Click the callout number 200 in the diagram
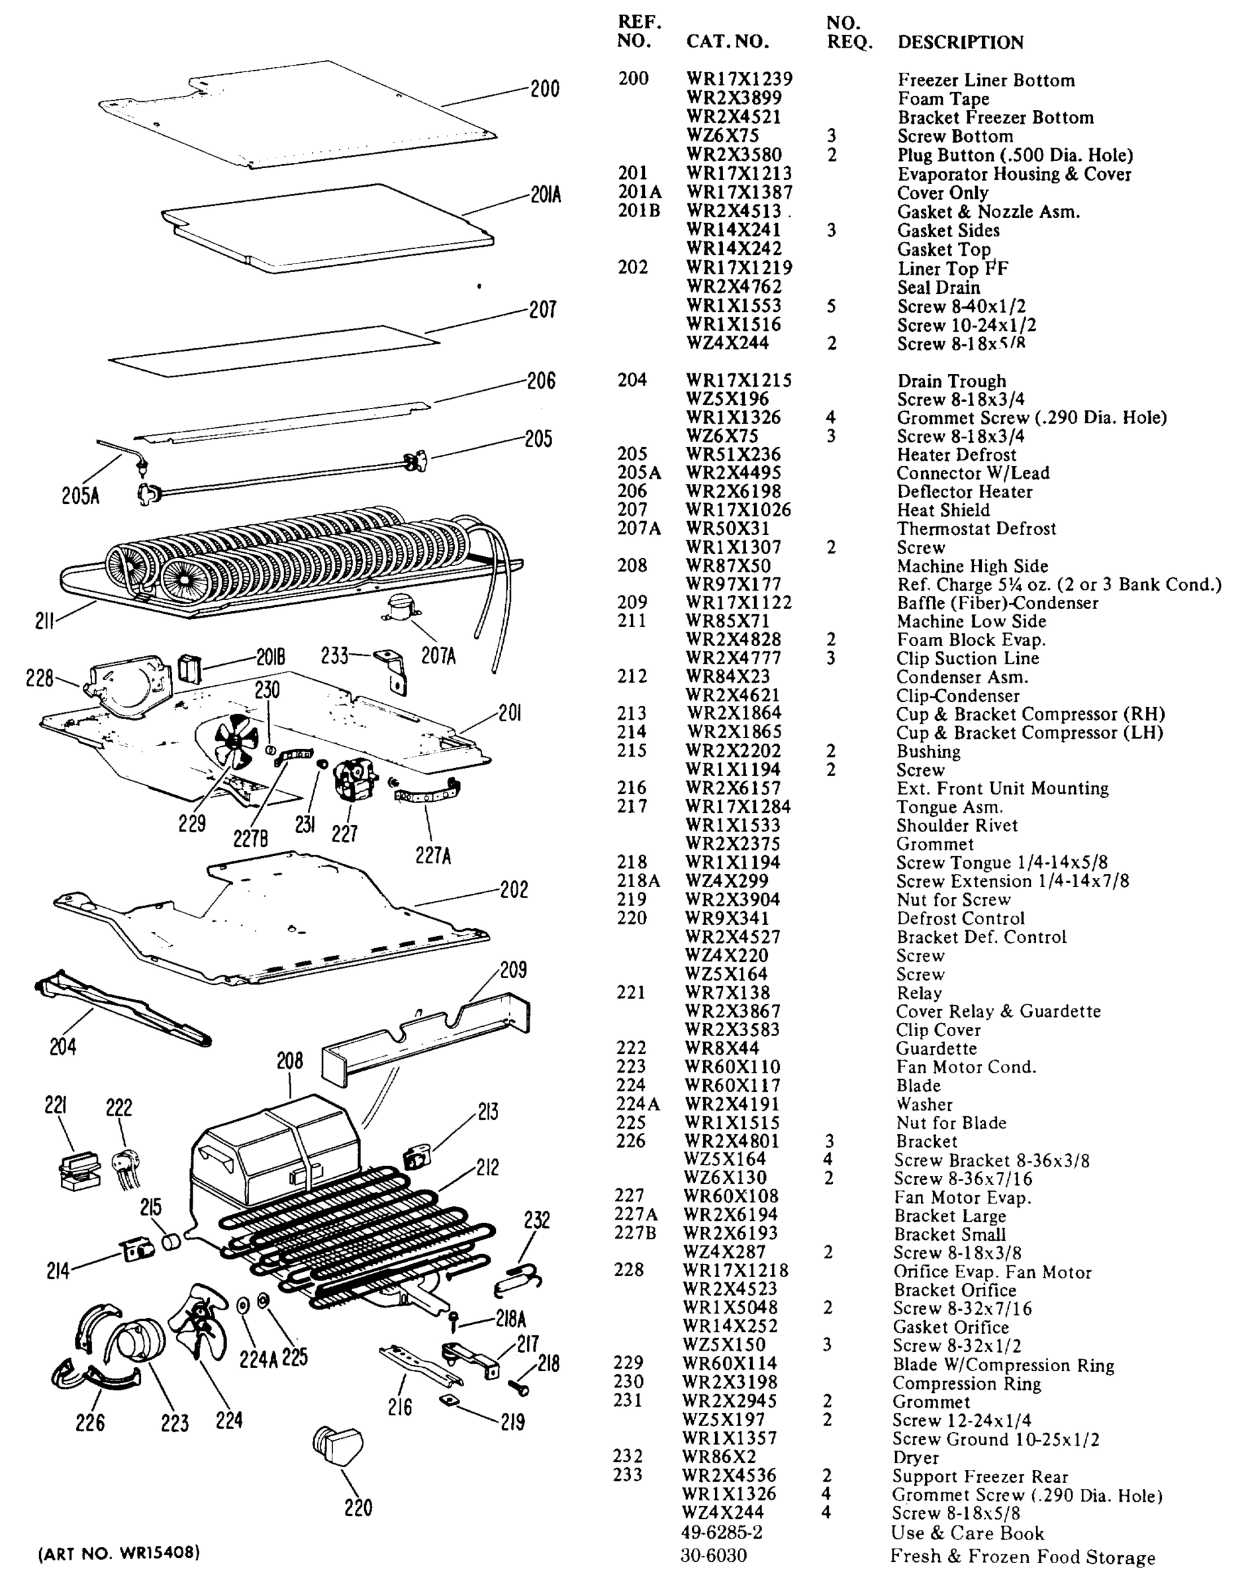[544, 89]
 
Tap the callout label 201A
[546, 195]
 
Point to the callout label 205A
[80, 496]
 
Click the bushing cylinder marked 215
[171, 1241]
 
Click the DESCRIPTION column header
[960, 42]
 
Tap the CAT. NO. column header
[728, 42]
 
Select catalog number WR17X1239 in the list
[739, 79]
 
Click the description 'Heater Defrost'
[957, 455]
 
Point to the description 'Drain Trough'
[951, 381]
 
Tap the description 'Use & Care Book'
[967, 1533]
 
